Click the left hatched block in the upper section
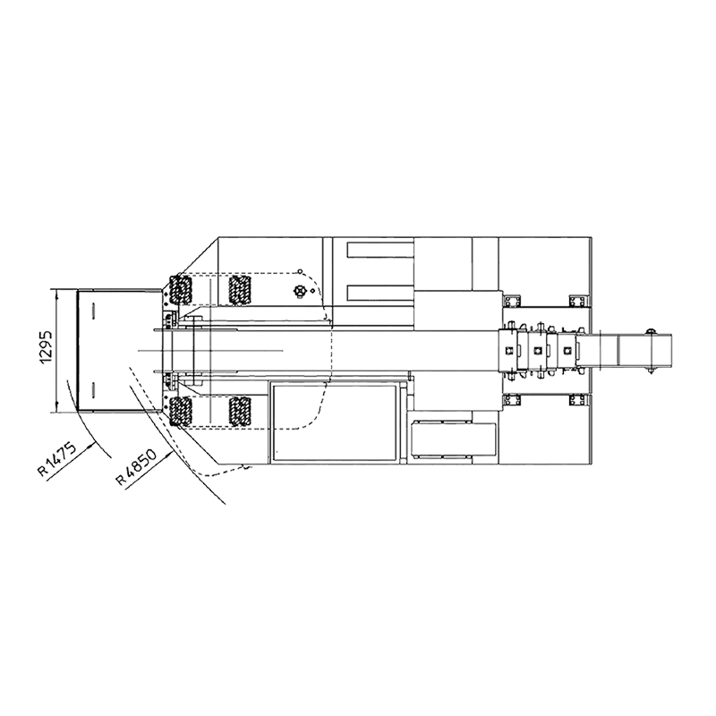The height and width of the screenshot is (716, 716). click(x=179, y=290)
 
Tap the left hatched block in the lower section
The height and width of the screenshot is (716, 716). click(x=179, y=410)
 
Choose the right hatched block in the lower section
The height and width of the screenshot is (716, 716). click(x=238, y=410)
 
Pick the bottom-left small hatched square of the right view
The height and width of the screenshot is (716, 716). click(x=511, y=399)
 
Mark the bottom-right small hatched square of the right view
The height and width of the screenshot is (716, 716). click(x=577, y=399)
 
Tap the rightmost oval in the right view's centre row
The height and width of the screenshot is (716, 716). click(x=568, y=350)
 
